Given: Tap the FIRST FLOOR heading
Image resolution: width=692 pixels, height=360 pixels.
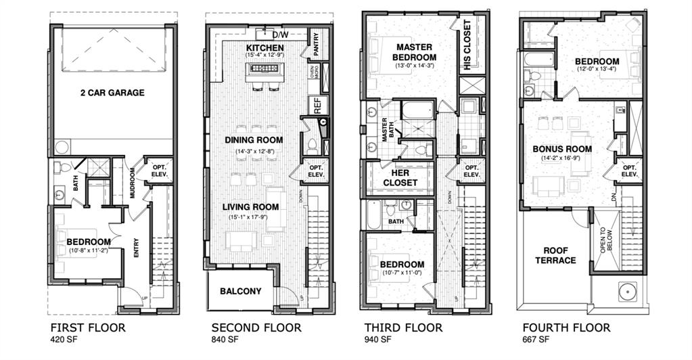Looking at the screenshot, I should pyautogui.click(x=88, y=328).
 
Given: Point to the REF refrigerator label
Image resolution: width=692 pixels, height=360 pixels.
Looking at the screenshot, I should pyautogui.click(x=316, y=105).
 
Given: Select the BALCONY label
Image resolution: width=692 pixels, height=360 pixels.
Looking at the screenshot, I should pyautogui.click(x=240, y=292).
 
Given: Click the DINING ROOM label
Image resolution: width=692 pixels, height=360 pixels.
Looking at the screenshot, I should pyautogui.click(x=254, y=140).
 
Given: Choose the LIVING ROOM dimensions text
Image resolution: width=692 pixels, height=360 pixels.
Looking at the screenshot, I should pyautogui.click(x=254, y=217).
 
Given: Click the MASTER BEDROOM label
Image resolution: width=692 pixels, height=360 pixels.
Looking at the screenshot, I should pyautogui.click(x=415, y=52).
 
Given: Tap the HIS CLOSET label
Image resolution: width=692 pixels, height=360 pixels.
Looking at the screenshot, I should pyautogui.click(x=467, y=45).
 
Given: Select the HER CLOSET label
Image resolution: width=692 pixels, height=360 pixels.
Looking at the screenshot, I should pyautogui.click(x=400, y=177).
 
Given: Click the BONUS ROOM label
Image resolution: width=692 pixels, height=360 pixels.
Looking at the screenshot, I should pyautogui.click(x=562, y=149).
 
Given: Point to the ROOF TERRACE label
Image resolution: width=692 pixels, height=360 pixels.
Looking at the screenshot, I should pyautogui.click(x=555, y=255).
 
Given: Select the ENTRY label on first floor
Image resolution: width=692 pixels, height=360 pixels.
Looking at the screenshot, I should pyautogui.click(x=137, y=249).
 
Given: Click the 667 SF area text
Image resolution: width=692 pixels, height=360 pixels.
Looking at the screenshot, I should pyautogui.click(x=534, y=340).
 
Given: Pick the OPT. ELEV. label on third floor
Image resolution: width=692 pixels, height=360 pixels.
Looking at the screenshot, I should pyautogui.click(x=471, y=171).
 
